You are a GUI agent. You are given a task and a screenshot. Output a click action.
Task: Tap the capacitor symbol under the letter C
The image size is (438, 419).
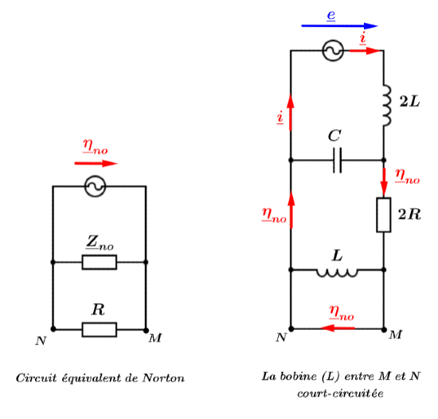(x=338, y=161)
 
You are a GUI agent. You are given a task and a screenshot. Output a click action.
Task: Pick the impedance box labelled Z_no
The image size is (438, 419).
(x=100, y=262)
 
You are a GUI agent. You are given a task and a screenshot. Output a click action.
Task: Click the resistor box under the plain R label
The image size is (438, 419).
(x=100, y=328)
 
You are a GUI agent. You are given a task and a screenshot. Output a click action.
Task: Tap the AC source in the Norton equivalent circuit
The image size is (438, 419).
(x=96, y=187)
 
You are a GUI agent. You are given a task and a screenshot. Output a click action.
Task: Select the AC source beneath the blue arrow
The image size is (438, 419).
(x=332, y=52)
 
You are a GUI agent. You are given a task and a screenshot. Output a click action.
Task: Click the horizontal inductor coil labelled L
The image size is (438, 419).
(x=337, y=272)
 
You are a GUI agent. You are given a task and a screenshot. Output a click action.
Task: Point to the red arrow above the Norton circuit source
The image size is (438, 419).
(x=96, y=163)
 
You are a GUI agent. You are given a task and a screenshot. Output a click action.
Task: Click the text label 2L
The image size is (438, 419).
(x=409, y=102)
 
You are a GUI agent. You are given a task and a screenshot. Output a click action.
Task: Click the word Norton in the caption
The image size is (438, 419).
(x=164, y=378)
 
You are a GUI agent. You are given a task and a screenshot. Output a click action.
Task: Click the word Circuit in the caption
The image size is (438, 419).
(x=37, y=378)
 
